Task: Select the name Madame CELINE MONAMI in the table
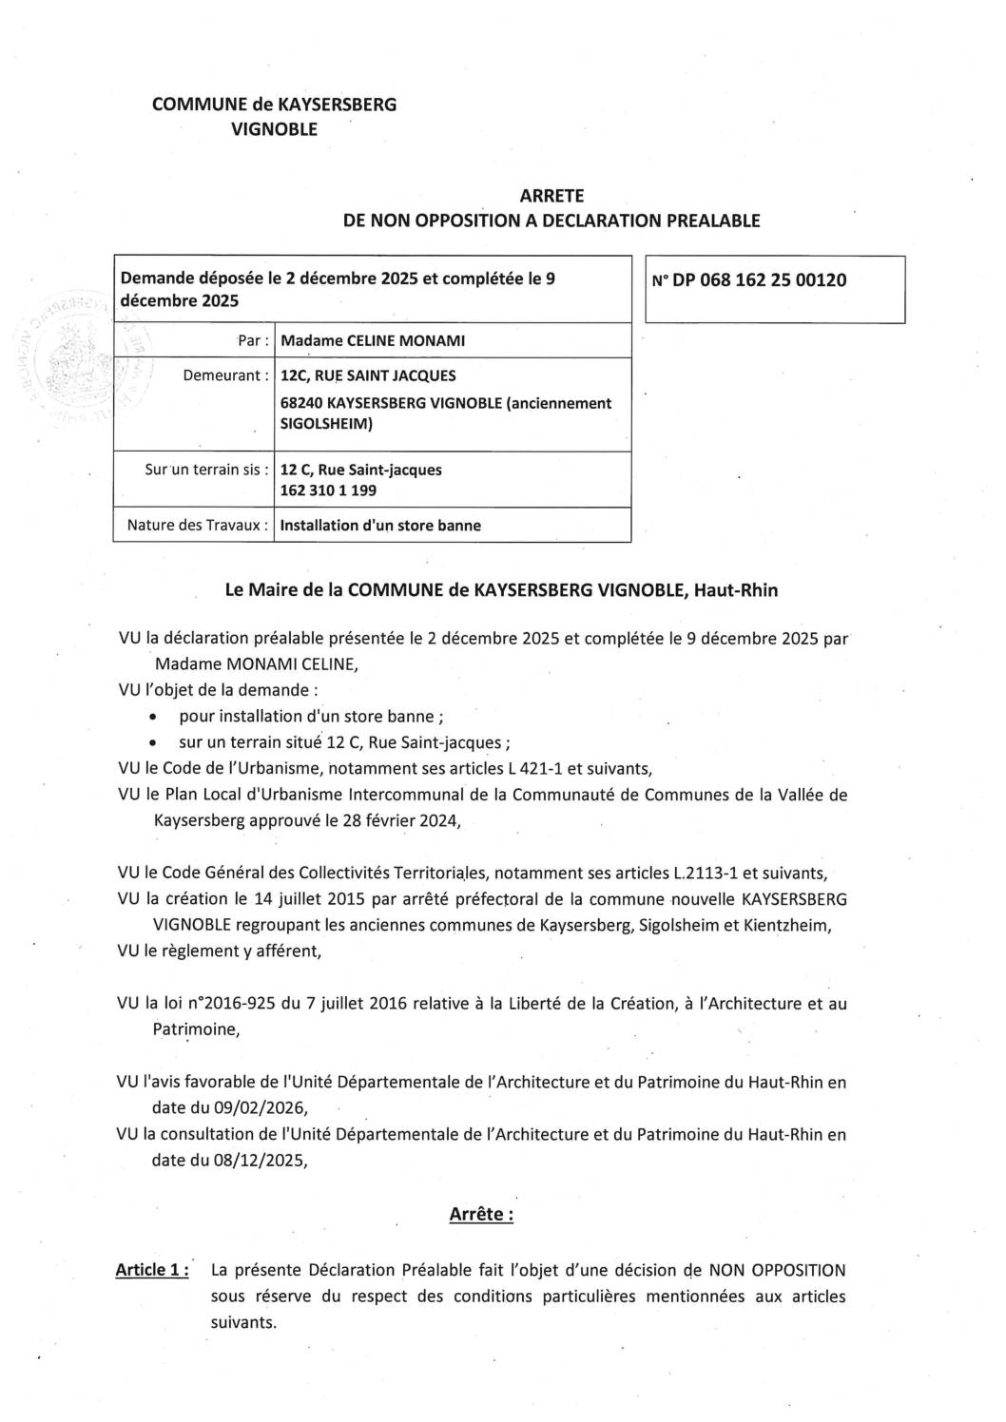[372, 341]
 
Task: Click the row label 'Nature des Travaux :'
[197, 525]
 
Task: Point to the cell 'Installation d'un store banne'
[380, 525]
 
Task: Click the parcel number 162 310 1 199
[329, 490]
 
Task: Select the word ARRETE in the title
[551, 196]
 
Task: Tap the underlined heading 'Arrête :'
[480, 1214]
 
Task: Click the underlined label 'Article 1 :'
[151, 1270]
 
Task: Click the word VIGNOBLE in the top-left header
[275, 128]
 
